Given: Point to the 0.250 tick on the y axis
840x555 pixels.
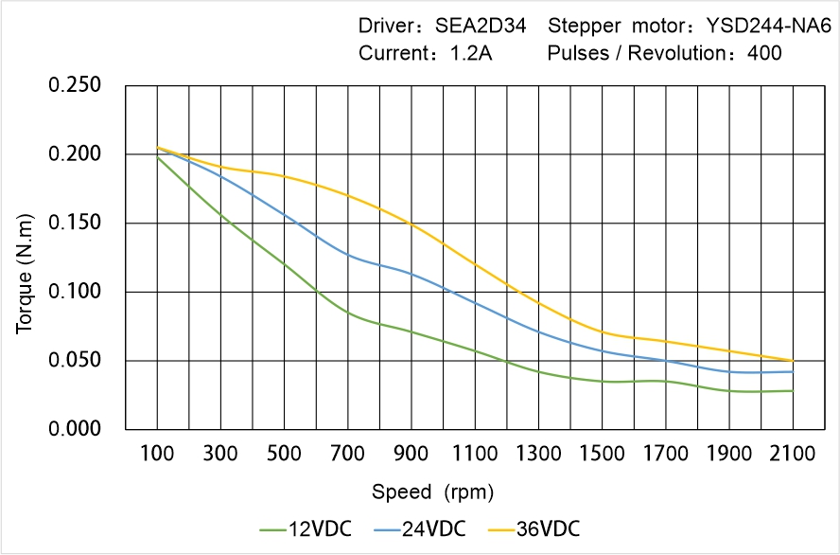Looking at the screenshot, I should coord(75,85).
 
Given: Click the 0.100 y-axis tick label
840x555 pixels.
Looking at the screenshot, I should coord(75,292).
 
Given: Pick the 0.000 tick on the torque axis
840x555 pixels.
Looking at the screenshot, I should coord(75,430).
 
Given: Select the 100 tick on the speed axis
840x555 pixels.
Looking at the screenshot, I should coord(157,455).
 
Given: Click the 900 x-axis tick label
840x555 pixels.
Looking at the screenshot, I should coord(411,455).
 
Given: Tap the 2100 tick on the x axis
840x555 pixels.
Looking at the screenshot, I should coord(793,455).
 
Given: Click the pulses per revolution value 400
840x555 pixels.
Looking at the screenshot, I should coord(764,53).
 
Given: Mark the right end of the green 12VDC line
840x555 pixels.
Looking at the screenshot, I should coord(793,390).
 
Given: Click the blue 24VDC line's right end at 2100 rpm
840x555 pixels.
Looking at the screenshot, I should coord(793,371).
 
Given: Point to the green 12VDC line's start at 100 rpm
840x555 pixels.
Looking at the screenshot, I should coord(157,156).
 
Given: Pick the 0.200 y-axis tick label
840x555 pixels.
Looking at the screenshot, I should coord(75,154).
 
